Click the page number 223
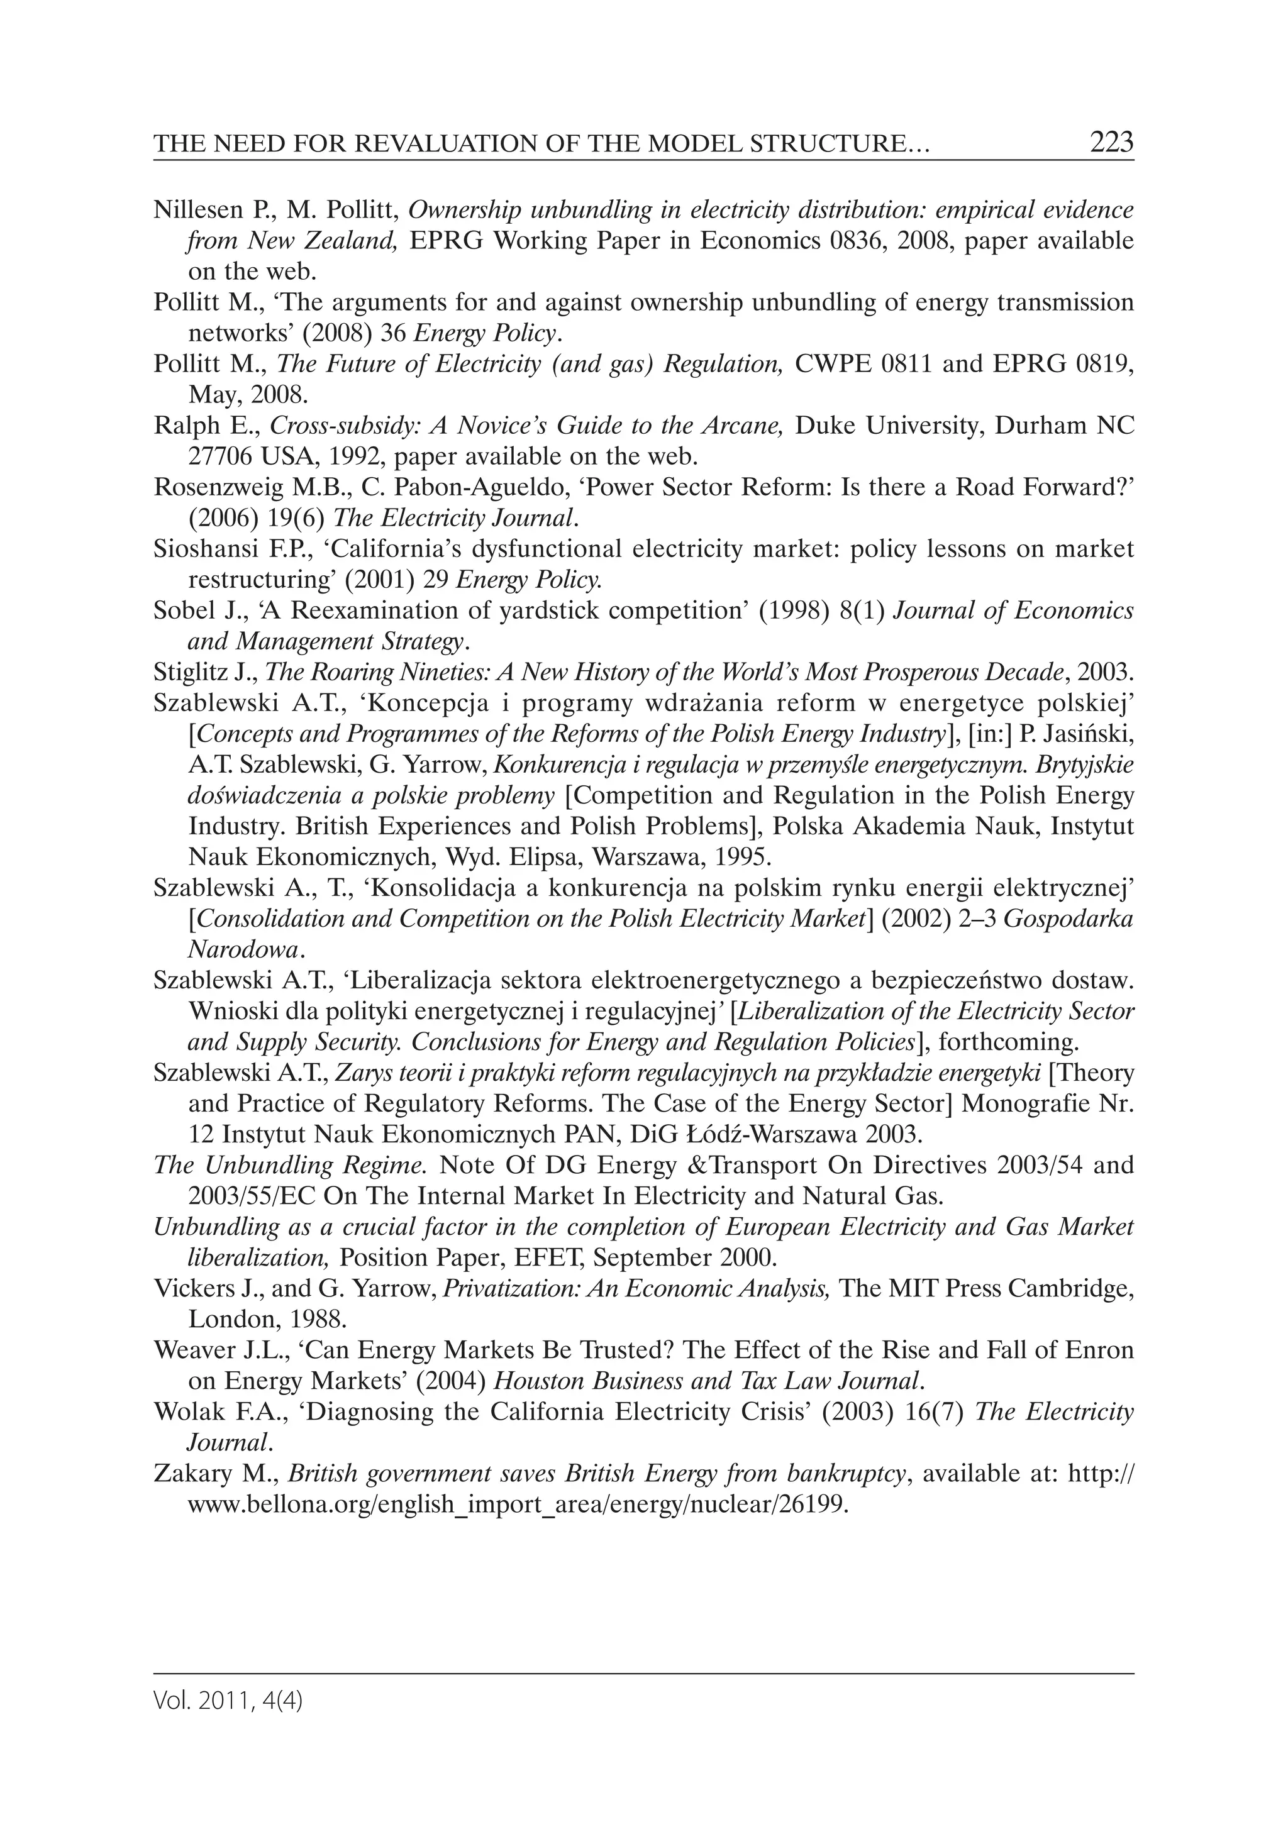click(x=1111, y=143)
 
